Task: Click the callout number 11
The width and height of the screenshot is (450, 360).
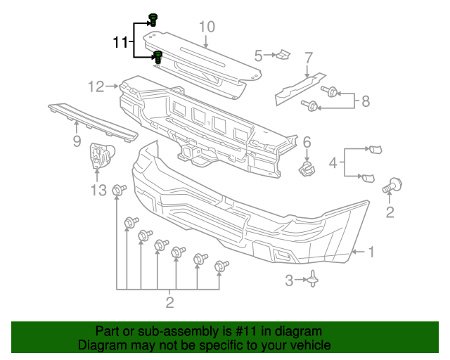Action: [x=120, y=42]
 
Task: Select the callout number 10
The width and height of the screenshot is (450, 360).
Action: [x=206, y=27]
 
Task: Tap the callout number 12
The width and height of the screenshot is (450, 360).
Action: [x=96, y=86]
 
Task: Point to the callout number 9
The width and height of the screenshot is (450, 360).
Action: [x=77, y=141]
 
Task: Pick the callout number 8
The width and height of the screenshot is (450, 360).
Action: [x=365, y=101]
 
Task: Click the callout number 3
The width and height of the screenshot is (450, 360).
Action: [x=289, y=281]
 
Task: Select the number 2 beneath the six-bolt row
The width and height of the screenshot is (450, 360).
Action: [x=169, y=303]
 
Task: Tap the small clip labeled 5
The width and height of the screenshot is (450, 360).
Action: [x=283, y=54]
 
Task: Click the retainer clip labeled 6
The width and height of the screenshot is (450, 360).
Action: [x=307, y=169]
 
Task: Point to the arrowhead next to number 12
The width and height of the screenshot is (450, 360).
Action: [x=117, y=87]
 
